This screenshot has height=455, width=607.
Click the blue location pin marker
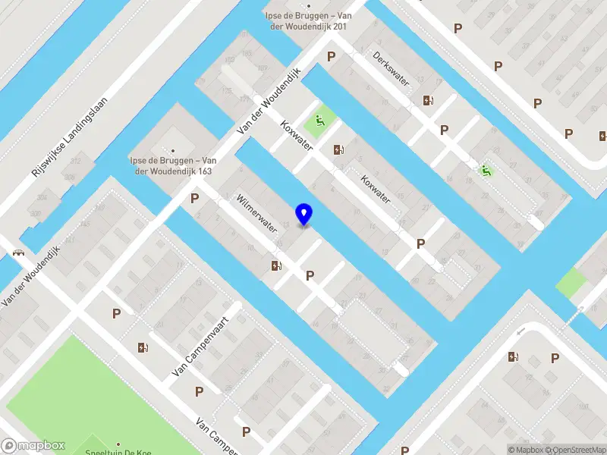304,215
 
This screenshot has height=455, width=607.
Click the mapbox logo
33,446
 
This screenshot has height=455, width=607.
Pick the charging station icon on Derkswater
428,100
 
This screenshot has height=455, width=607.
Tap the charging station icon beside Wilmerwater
276,265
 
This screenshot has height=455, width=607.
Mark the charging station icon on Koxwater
338,150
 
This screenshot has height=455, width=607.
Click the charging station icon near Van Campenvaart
143,348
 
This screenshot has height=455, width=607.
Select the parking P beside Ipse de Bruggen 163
195,199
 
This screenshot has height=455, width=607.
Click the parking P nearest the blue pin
310,276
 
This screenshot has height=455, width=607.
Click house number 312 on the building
75,162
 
